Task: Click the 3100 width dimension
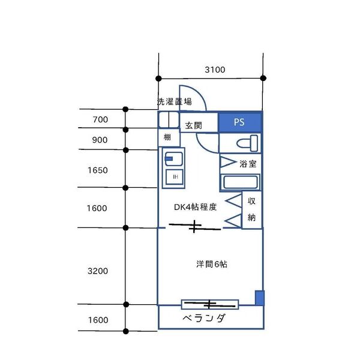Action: click(x=214, y=70)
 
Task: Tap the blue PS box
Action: click(x=239, y=122)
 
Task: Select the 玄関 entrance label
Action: click(x=193, y=125)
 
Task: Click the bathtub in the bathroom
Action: click(x=240, y=182)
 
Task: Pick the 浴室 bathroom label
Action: click(x=248, y=163)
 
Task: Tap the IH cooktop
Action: click(x=175, y=176)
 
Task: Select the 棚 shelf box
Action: click(x=167, y=137)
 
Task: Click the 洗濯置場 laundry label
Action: click(x=175, y=101)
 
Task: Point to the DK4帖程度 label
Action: click(x=195, y=207)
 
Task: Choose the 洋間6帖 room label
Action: click(x=211, y=263)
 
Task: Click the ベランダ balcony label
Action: click(x=204, y=318)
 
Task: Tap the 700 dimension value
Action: click(x=100, y=119)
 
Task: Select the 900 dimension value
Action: click(x=100, y=140)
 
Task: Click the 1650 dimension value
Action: click(x=97, y=170)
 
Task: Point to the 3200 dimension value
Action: click(x=97, y=271)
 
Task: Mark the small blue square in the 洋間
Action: click(x=259, y=298)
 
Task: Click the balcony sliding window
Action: click(x=210, y=304)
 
